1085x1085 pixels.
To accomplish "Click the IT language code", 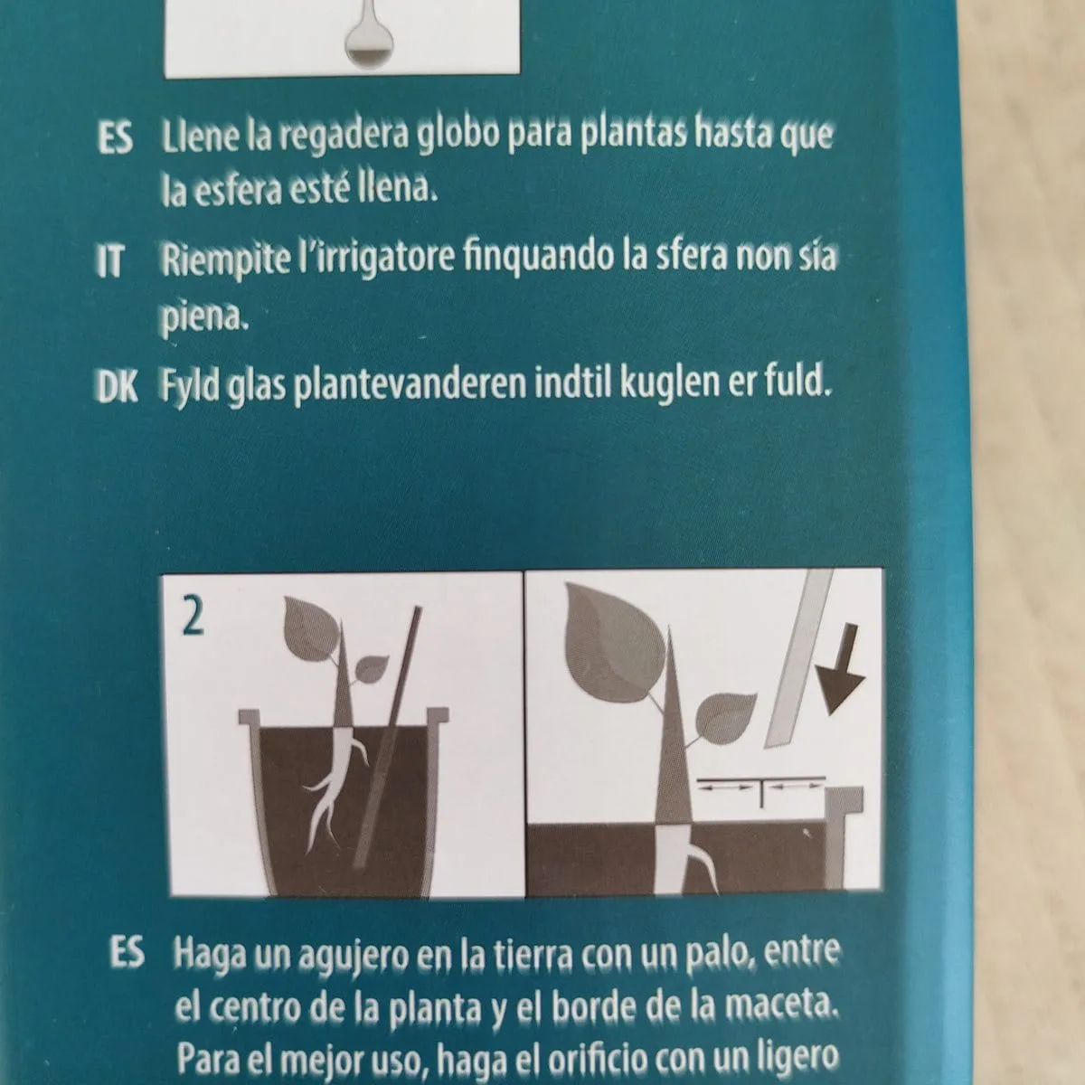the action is [x=109, y=261].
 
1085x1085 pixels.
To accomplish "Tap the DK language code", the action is [x=118, y=387].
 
